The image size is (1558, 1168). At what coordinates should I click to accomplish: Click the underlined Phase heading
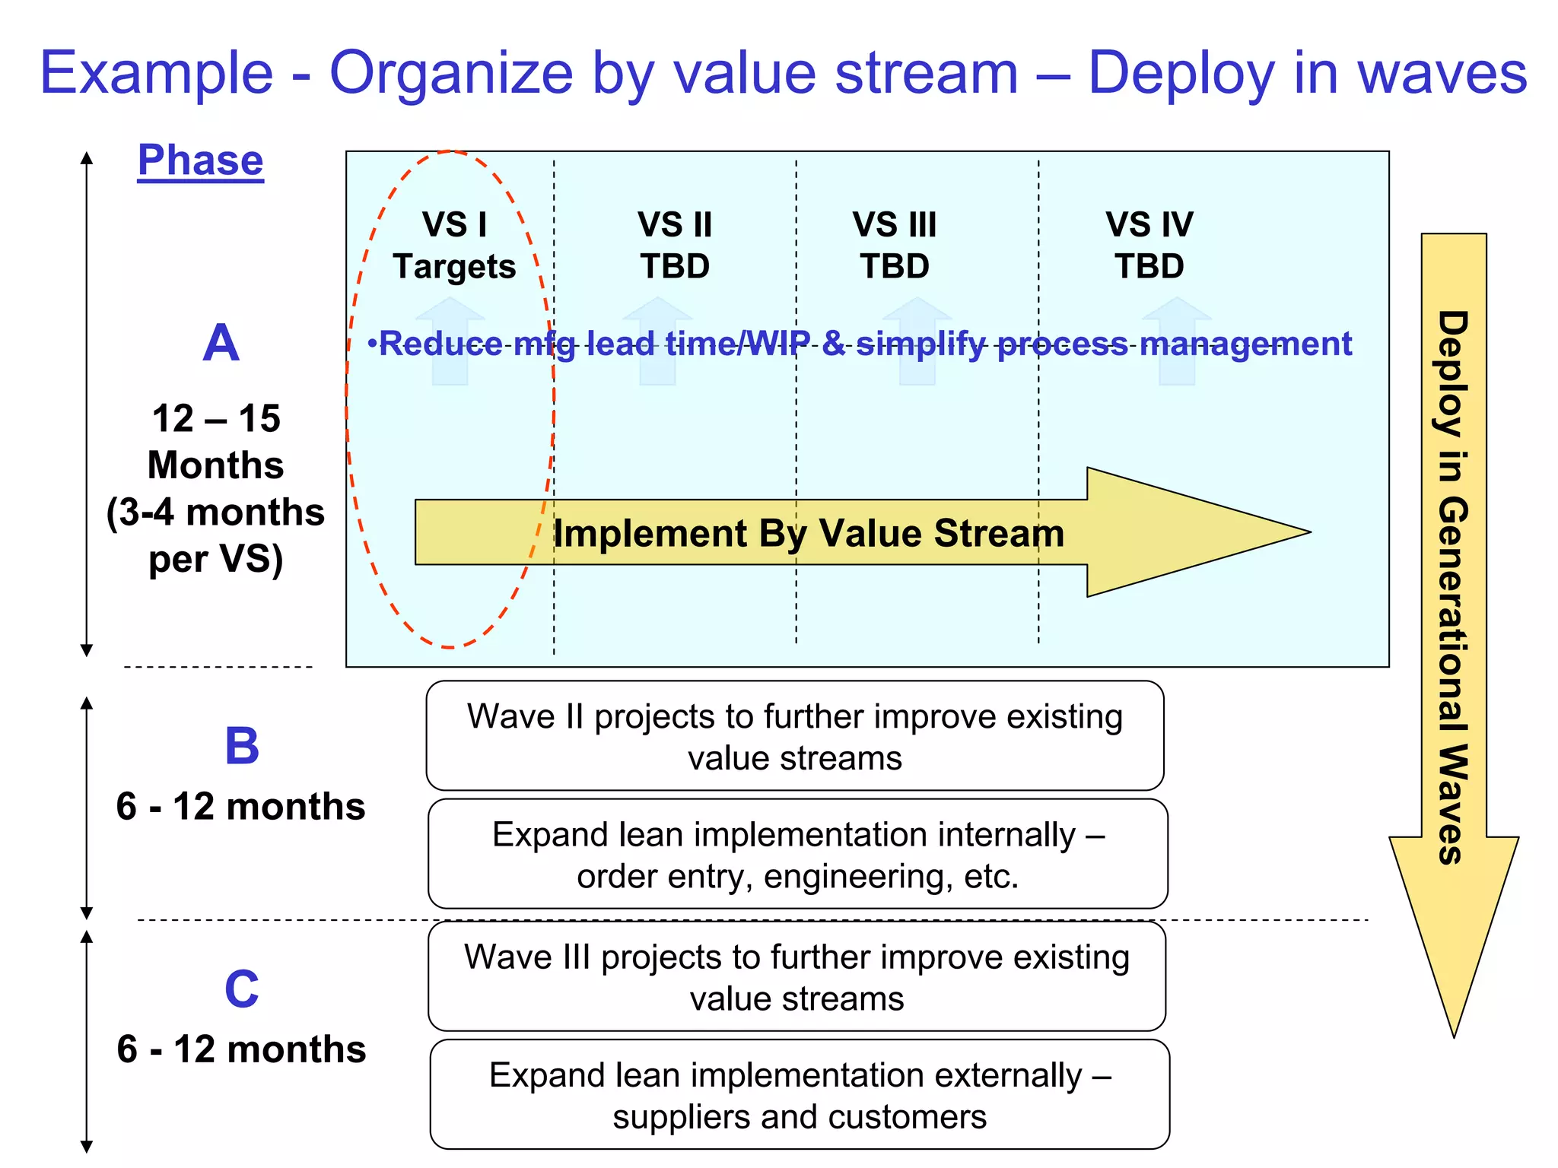(x=200, y=160)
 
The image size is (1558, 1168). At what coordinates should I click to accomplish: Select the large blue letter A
(x=221, y=343)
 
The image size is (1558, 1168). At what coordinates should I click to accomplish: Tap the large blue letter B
(x=242, y=746)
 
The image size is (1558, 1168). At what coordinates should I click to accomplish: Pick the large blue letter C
(x=242, y=989)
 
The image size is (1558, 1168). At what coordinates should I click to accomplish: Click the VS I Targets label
(x=454, y=246)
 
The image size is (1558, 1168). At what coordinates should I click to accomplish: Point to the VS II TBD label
(x=675, y=246)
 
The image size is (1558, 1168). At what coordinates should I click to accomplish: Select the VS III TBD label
(x=895, y=246)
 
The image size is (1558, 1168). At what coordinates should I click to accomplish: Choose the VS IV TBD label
(x=1149, y=246)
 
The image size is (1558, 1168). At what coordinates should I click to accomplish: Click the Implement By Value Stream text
(x=808, y=533)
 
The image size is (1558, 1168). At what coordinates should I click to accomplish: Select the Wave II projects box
(x=795, y=736)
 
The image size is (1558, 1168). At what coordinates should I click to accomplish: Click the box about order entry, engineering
(x=797, y=854)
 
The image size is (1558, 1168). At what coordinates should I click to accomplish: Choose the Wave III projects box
(x=796, y=976)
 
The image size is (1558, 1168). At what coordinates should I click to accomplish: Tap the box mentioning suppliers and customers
(x=800, y=1095)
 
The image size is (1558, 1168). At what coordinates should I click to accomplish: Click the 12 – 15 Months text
(x=216, y=442)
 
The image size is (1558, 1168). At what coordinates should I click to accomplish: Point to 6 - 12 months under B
(x=240, y=807)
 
